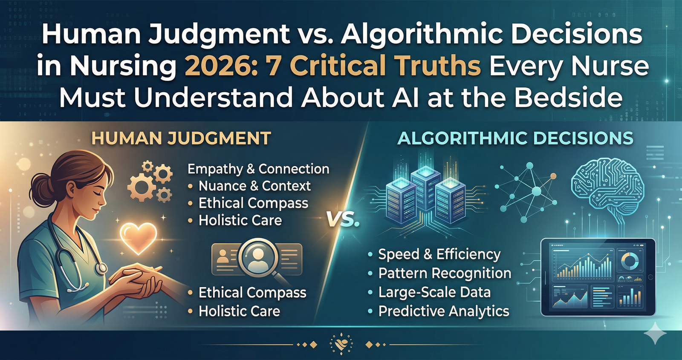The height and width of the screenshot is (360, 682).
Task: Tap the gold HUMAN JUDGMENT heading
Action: click(181, 138)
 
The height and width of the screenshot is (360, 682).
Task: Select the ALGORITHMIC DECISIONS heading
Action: click(515, 138)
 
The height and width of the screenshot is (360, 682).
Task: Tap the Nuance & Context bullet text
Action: click(254, 186)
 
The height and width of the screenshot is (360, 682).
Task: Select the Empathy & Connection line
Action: click(258, 169)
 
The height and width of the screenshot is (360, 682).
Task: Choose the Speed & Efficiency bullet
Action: click(439, 254)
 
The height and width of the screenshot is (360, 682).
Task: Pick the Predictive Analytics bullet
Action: click(444, 311)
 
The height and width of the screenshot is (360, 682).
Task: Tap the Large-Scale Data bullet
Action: click(434, 292)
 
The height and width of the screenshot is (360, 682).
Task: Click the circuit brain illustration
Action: click(607, 186)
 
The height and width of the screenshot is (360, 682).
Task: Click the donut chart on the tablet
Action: click(630, 262)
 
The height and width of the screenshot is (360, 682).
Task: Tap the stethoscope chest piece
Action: click(101, 268)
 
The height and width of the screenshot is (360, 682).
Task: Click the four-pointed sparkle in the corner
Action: click(655, 334)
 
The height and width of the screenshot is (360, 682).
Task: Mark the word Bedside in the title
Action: click(569, 98)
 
